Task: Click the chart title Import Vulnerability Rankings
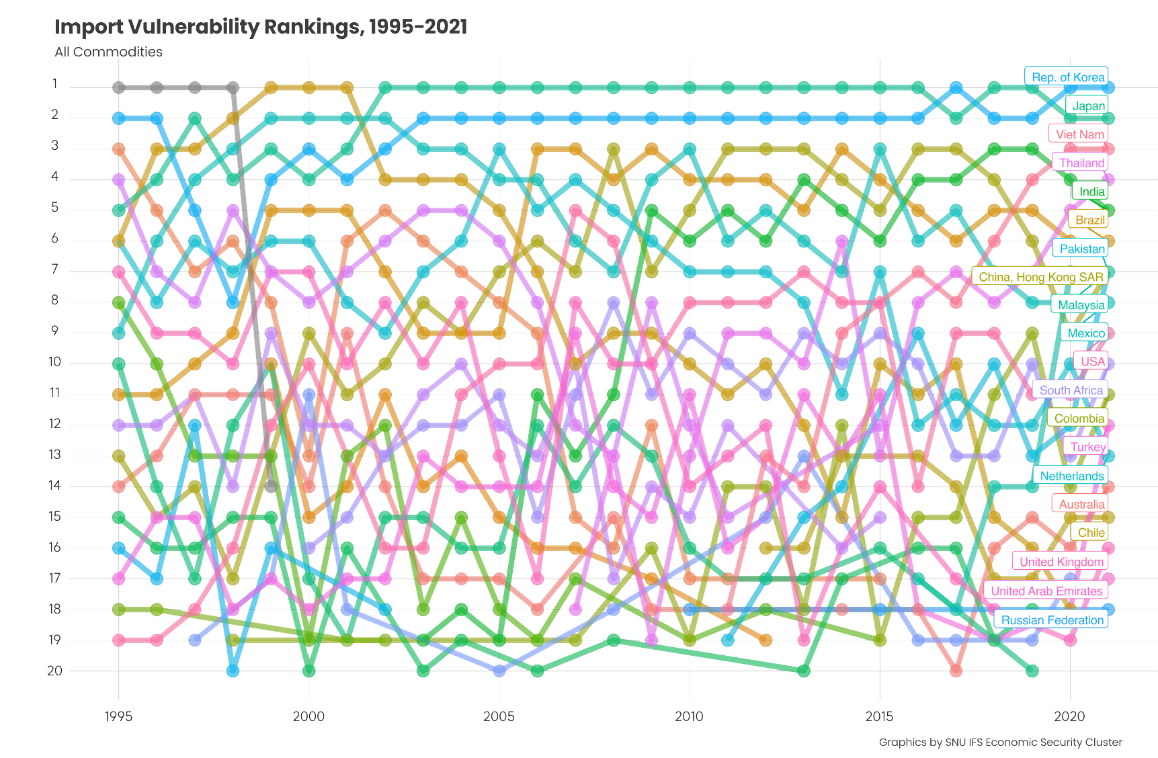coord(260,27)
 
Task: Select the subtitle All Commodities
coord(108,52)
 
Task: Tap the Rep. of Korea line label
coord(1067,77)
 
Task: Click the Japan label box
coord(1088,106)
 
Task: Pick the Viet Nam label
coord(1079,134)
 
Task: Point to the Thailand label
coord(1081,163)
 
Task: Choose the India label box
coord(1091,192)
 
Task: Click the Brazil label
coord(1089,220)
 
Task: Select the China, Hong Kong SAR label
coord(1040,277)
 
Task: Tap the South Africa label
coord(1071,390)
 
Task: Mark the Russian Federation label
coord(1052,620)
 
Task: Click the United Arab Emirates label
coord(1046,591)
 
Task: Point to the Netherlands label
coord(1071,476)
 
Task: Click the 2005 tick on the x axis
coord(499,716)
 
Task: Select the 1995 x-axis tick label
coord(118,716)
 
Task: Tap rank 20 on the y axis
coord(54,671)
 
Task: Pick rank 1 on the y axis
coord(54,85)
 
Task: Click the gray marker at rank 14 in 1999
coord(271,486)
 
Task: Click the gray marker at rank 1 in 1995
coord(119,87)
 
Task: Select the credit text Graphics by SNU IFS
coord(1000,742)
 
